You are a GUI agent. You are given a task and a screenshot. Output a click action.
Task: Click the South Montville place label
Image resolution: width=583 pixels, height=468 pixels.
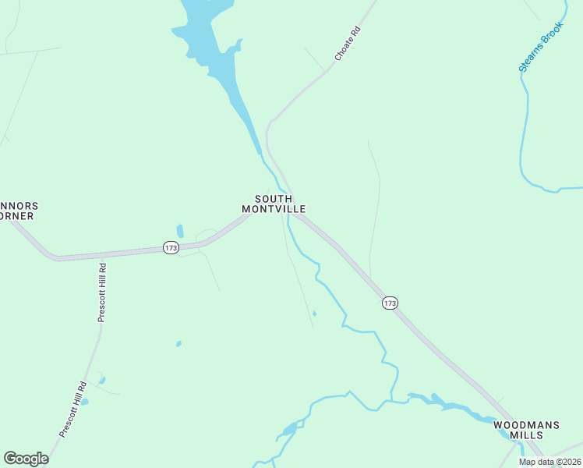point(273,204)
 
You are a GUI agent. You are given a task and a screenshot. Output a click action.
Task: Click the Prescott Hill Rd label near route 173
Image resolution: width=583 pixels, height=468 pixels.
point(101,292)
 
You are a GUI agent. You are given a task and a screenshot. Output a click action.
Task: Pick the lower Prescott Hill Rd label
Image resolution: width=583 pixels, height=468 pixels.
point(72,409)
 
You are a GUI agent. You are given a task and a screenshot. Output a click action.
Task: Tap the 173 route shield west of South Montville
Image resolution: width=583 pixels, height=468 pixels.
point(171,247)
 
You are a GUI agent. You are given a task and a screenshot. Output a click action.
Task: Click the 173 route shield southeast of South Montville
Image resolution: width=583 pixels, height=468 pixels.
point(390,303)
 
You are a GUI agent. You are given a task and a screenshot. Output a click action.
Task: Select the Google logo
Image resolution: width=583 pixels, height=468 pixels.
point(26,459)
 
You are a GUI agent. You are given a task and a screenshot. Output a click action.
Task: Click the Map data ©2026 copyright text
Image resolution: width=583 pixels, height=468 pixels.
point(549,462)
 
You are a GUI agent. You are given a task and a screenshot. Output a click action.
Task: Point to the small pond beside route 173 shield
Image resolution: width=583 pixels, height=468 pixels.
point(180,231)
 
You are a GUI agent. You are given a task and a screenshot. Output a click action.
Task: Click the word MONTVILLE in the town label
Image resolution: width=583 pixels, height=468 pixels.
point(273,209)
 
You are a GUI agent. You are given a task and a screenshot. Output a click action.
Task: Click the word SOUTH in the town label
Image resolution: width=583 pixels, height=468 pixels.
point(274,198)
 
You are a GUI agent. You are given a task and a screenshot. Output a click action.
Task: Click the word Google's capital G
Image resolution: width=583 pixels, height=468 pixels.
point(10,459)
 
